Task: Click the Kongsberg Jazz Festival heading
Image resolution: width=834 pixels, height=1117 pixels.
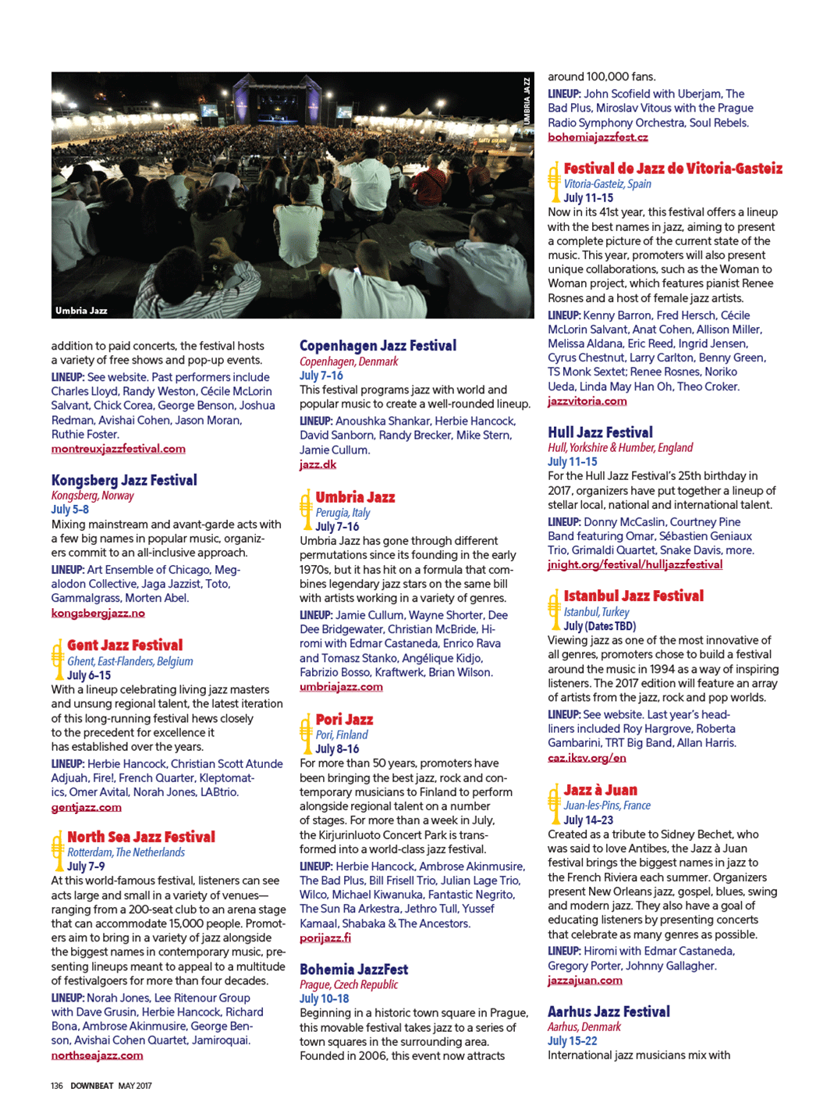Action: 124,480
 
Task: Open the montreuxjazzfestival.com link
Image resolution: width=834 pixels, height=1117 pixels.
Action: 118,449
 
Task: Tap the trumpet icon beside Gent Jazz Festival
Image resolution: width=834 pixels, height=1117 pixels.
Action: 57,660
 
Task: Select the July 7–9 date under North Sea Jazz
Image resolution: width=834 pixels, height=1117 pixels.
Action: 86,866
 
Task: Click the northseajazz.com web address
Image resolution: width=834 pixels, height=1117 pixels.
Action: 97,1055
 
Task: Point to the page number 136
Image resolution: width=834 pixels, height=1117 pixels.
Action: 57,1086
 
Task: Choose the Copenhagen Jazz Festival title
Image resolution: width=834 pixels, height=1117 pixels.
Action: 378,346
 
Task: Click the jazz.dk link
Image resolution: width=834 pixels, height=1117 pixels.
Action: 318,464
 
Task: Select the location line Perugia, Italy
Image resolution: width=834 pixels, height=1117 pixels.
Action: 342,513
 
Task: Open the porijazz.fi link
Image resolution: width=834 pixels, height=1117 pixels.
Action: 325,938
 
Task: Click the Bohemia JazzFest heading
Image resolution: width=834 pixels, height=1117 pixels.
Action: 353,969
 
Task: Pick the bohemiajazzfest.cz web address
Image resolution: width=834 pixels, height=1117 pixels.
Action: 598,137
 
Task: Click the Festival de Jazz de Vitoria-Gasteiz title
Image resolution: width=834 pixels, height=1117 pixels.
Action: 673,169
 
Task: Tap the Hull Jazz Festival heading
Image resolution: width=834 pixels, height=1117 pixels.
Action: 600,432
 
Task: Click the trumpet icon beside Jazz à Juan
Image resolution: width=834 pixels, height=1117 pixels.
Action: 554,804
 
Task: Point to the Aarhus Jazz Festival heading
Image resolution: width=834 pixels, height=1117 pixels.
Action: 609,1012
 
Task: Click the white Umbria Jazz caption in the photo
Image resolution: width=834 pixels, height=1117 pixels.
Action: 81,311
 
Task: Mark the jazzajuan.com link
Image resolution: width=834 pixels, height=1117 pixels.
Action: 584,980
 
